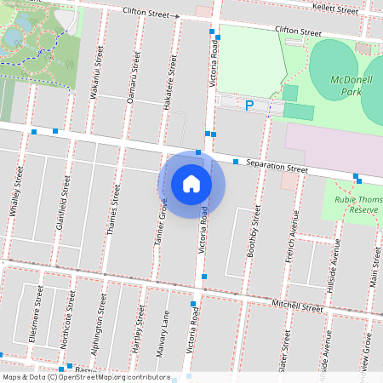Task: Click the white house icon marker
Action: (x=191, y=183)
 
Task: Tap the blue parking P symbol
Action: (x=249, y=106)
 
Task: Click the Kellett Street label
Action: (x=335, y=9)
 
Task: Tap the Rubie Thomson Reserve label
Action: (x=353, y=204)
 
